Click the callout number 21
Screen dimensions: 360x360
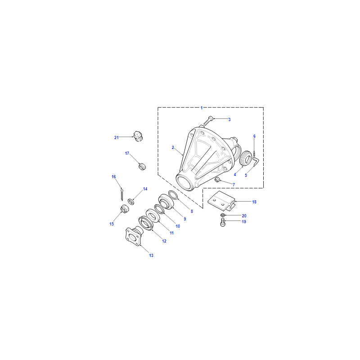coord(117,138)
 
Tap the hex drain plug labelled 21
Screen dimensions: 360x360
coord(138,136)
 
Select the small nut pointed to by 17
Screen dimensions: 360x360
coord(142,166)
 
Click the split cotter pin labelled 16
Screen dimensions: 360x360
coord(121,194)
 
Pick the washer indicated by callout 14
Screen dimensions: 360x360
coord(131,202)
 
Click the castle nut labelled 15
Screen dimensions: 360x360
coord(125,209)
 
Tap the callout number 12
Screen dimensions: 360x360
coord(164,241)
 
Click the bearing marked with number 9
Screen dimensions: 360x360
coord(166,202)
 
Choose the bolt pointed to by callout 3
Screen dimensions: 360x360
coord(208,120)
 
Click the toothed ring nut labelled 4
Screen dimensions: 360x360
coord(245,158)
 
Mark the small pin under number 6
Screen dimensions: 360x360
coord(254,153)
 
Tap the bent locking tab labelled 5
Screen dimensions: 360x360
coord(256,161)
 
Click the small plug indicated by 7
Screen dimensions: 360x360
coord(217,180)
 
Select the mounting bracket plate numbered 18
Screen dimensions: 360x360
coord(221,201)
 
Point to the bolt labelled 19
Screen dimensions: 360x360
coord(222,222)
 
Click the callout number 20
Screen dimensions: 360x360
coord(244,216)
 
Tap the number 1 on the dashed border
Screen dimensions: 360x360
coord(202,108)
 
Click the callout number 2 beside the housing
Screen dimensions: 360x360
coord(173,148)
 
